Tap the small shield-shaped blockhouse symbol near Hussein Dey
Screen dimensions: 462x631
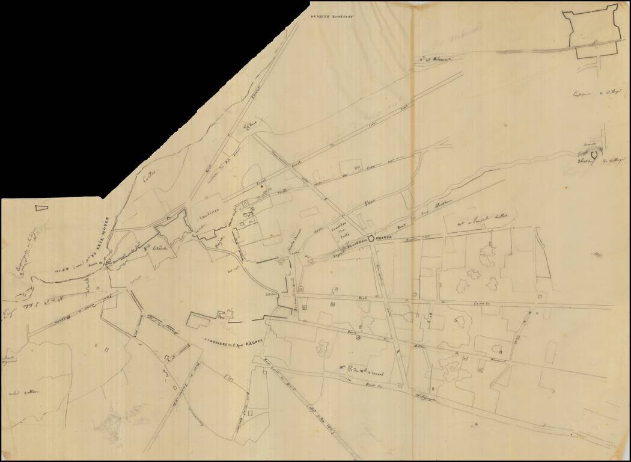pyautogui.click(x=593, y=155)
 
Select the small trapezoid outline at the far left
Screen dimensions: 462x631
pyautogui.click(x=40, y=208)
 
